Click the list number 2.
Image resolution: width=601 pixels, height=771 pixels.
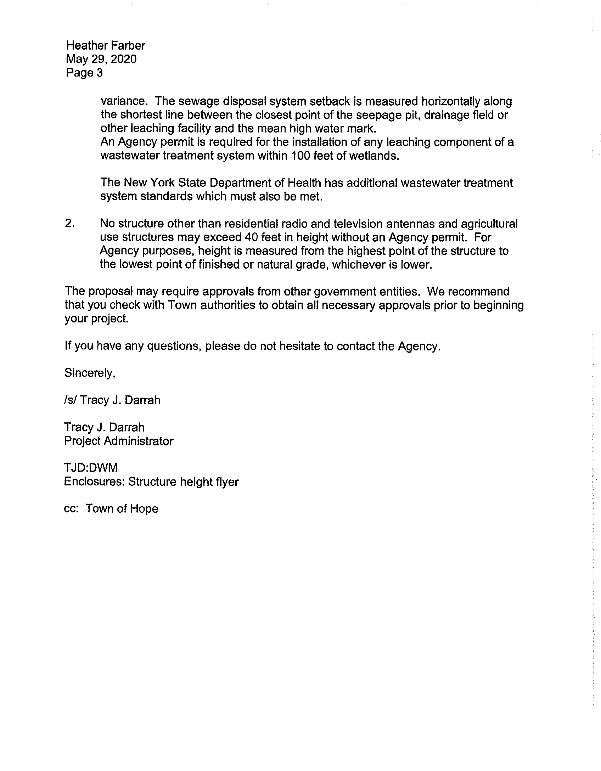[69, 223]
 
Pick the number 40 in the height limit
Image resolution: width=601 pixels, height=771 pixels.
[251, 237]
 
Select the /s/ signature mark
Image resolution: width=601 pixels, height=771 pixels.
[70, 400]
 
